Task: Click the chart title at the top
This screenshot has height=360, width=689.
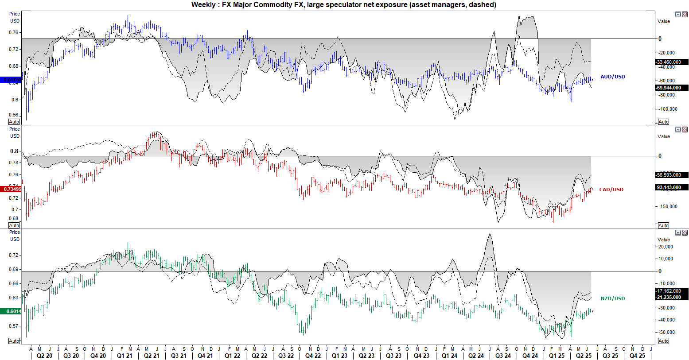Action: point(343,5)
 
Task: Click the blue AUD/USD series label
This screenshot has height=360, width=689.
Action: point(613,77)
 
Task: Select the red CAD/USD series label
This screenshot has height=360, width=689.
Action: point(611,190)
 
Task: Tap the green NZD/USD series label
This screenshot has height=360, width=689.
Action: point(613,298)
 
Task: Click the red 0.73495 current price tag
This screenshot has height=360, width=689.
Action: point(12,189)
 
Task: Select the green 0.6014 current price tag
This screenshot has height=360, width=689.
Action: point(13,311)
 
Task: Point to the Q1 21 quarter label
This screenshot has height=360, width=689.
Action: point(125,356)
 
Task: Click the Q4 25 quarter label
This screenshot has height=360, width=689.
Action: point(637,356)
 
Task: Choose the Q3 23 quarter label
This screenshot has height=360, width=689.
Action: point(394,356)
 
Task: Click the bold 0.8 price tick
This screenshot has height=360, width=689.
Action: point(15,151)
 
